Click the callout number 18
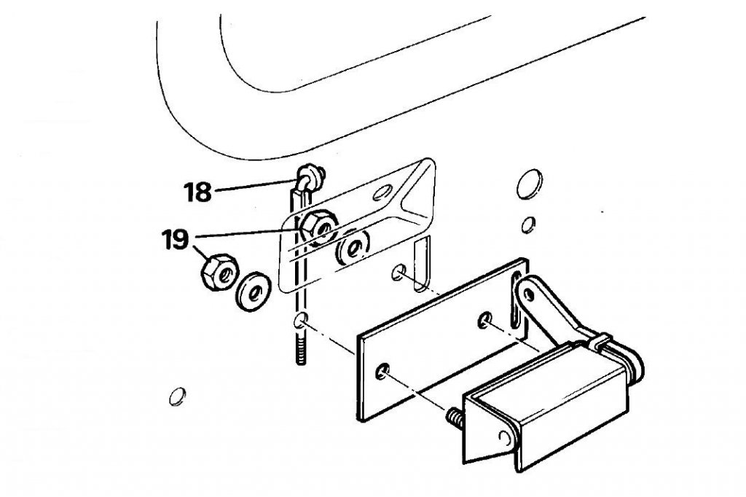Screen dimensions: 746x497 tap(197, 192)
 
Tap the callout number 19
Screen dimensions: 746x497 tap(176, 240)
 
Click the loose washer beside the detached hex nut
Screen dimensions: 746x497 tap(253, 291)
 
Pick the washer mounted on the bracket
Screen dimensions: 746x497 tap(353, 248)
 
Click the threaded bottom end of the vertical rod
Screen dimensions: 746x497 tap(301, 351)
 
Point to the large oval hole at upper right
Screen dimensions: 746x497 tap(529, 184)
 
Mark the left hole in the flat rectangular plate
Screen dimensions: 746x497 tap(382, 371)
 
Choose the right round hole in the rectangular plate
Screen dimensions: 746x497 tap(484, 319)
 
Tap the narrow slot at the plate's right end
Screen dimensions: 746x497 tap(516, 300)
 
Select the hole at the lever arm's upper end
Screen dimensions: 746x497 tap(527, 295)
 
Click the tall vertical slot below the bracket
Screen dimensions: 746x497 tap(422, 265)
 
